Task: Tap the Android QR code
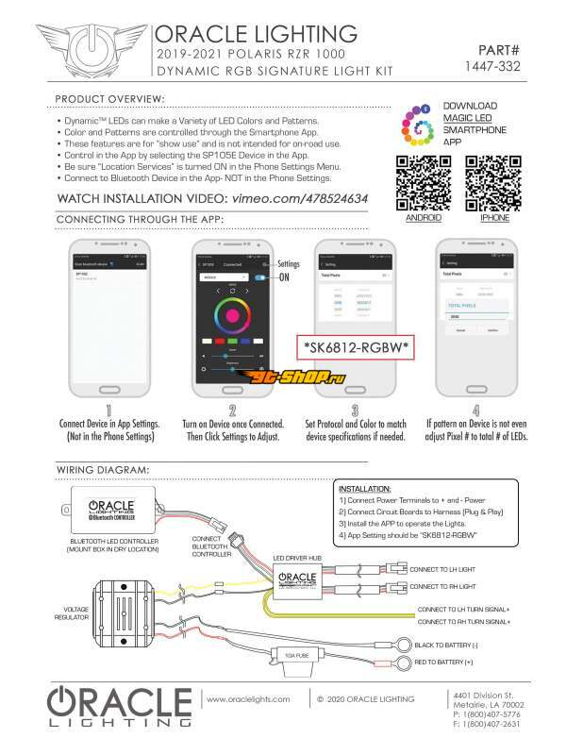pos(423,182)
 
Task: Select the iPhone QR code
pos(494,182)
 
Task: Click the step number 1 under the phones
pos(109,411)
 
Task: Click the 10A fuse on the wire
pos(283,655)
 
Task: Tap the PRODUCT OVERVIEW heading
pos(110,99)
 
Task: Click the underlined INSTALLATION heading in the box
pos(363,489)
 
